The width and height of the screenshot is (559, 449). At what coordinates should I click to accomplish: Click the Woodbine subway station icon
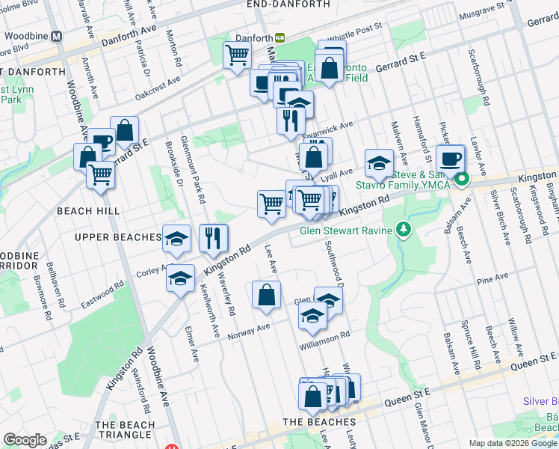pos(56,36)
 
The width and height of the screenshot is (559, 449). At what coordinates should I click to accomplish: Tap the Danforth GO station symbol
pos(279,37)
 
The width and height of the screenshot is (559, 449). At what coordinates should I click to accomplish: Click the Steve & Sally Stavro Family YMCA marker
pos(463,179)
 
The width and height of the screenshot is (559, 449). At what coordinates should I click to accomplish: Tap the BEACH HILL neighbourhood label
pos(84,211)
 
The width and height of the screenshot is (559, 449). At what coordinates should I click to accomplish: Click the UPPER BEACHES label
pos(117,237)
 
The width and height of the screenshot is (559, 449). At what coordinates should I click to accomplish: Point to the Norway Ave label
pos(249,331)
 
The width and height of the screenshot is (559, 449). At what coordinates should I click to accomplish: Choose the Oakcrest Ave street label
pos(158,88)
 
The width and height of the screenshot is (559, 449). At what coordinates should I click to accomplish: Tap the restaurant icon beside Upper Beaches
pos(214,239)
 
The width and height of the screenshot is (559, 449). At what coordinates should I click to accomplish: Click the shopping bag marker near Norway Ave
pos(267,295)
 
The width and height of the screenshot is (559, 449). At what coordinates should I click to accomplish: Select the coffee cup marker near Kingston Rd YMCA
pos(451,159)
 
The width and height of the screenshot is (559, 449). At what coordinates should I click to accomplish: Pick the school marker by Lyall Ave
pos(379,162)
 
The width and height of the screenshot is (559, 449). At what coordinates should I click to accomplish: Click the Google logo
pos(25,440)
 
